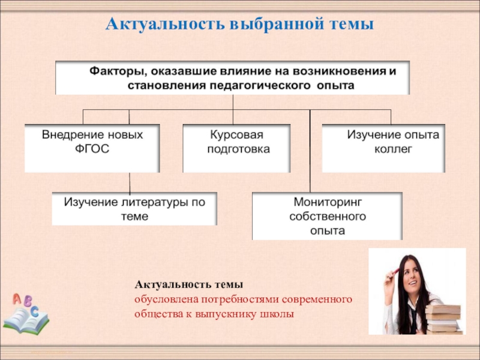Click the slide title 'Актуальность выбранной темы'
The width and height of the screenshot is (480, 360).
pos(240,25)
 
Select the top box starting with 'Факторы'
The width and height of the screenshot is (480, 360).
pos(233,77)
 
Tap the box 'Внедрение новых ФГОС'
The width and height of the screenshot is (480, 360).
pos(92,148)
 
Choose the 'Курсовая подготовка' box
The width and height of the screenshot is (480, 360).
pos(236,148)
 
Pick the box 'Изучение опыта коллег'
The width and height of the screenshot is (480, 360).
pos(383,148)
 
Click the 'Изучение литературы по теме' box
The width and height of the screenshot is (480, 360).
pos(134,208)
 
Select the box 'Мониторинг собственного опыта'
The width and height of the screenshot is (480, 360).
pos(327,215)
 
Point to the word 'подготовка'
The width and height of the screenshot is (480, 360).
pos(238,149)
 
